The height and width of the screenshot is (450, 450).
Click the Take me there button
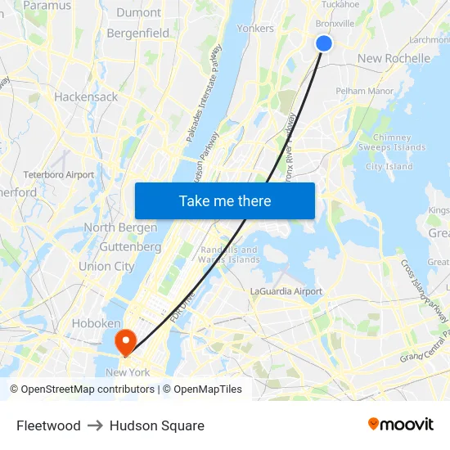click(x=225, y=200)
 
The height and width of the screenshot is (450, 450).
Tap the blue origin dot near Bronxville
click(x=324, y=43)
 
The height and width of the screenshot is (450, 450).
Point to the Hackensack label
click(x=86, y=97)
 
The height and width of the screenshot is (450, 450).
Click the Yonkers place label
click(x=255, y=28)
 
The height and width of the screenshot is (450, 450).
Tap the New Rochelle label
click(x=394, y=58)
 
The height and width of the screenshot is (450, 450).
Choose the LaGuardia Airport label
click(x=286, y=291)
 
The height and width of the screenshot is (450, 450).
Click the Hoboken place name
click(x=97, y=324)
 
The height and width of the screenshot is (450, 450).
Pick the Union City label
click(x=106, y=266)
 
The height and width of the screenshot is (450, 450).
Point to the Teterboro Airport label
click(x=59, y=174)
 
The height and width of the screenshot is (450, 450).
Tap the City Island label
click(x=389, y=167)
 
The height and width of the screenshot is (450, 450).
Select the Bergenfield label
click(x=138, y=34)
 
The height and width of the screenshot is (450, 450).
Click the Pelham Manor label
click(x=365, y=91)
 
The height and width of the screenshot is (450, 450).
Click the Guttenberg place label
click(x=130, y=246)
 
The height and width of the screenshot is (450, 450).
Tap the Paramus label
click(x=47, y=6)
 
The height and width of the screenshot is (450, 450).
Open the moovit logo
click(x=401, y=425)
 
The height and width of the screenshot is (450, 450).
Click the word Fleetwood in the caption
click(x=48, y=425)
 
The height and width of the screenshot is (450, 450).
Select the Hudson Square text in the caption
click(x=157, y=425)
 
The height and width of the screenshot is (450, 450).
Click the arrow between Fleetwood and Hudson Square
click(x=95, y=425)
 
